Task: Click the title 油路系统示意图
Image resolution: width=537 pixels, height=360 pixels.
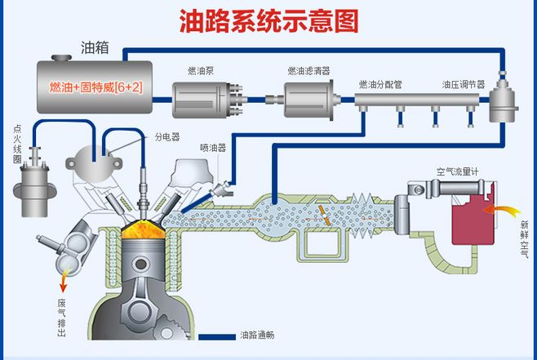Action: [268, 20]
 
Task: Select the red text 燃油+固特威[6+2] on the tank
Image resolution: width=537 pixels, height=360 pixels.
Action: [96, 87]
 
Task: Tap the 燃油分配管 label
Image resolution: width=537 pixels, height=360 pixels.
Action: [379, 84]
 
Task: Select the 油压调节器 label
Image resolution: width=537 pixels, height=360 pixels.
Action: [463, 84]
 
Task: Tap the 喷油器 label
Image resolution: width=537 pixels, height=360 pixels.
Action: [212, 148]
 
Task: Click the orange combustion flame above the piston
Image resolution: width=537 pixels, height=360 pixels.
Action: [140, 230]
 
